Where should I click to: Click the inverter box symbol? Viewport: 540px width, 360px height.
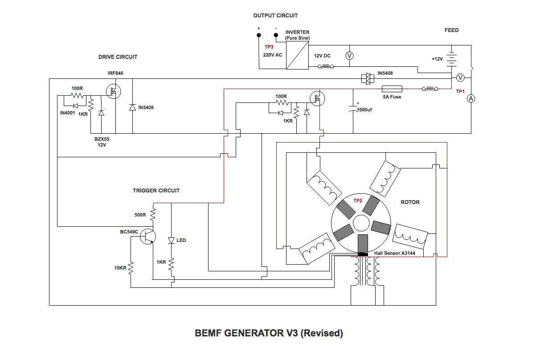point(297,55)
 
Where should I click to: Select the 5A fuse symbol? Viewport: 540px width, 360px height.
point(392,89)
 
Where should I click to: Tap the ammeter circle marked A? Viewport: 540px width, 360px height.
point(471,98)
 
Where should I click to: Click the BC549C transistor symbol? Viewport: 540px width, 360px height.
point(147,236)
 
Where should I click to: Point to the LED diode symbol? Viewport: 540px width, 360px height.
point(171,241)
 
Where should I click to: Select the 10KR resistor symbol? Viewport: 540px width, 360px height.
point(131,268)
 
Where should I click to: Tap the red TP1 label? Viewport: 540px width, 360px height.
point(460,91)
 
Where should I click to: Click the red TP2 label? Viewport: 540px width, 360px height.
point(358,200)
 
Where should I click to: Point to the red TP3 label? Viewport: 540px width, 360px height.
point(269,47)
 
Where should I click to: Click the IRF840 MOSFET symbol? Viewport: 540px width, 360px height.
point(113,91)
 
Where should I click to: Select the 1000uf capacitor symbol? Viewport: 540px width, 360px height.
point(353,108)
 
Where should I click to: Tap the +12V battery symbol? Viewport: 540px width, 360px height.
point(451,59)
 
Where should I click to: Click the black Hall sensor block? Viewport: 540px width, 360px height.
point(363,254)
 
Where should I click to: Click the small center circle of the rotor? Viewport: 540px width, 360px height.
point(361,223)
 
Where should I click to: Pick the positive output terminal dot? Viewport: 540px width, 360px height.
point(259,35)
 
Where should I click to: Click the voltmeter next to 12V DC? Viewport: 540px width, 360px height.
point(349,56)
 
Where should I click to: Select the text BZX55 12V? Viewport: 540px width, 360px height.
point(102,142)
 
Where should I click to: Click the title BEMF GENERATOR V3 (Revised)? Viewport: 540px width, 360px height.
point(269,333)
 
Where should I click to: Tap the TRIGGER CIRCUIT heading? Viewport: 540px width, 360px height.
point(156,191)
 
